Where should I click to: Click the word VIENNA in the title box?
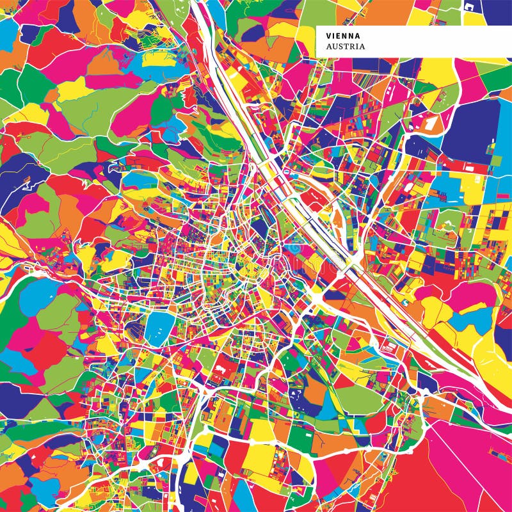[343, 36]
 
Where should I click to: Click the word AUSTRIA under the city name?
[346, 47]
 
